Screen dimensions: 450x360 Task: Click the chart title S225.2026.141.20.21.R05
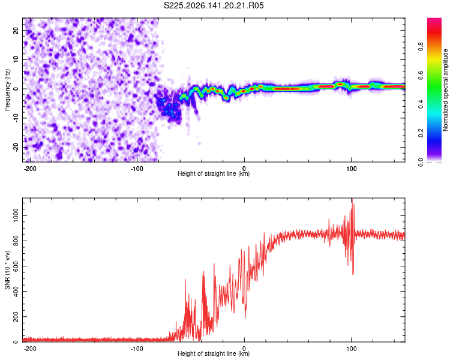point(214,5)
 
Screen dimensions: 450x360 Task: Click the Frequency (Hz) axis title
point(7,90)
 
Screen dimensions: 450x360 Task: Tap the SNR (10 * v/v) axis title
point(7,270)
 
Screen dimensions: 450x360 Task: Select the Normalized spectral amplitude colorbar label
point(445,90)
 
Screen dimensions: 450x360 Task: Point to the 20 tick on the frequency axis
point(16,30)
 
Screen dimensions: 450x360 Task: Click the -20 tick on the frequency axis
point(16,147)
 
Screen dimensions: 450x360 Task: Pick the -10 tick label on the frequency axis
point(16,118)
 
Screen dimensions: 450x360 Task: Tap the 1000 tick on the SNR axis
point(16,215)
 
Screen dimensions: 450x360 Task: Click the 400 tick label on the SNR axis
point(16,292)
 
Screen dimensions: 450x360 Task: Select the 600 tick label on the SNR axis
point(16,266)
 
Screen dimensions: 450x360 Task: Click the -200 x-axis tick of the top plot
point(30,169)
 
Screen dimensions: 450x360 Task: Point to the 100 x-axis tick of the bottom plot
point(351,349)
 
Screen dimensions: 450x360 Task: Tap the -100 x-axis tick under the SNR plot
point(137,349)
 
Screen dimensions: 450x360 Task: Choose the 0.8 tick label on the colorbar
point(421,46)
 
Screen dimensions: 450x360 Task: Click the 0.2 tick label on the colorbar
point(421,133)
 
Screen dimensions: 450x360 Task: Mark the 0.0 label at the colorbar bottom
point(421,162)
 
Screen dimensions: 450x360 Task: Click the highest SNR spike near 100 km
point(352,199)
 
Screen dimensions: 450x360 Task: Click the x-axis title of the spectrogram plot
point(214,173)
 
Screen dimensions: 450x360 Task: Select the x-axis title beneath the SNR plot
point(214,353)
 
